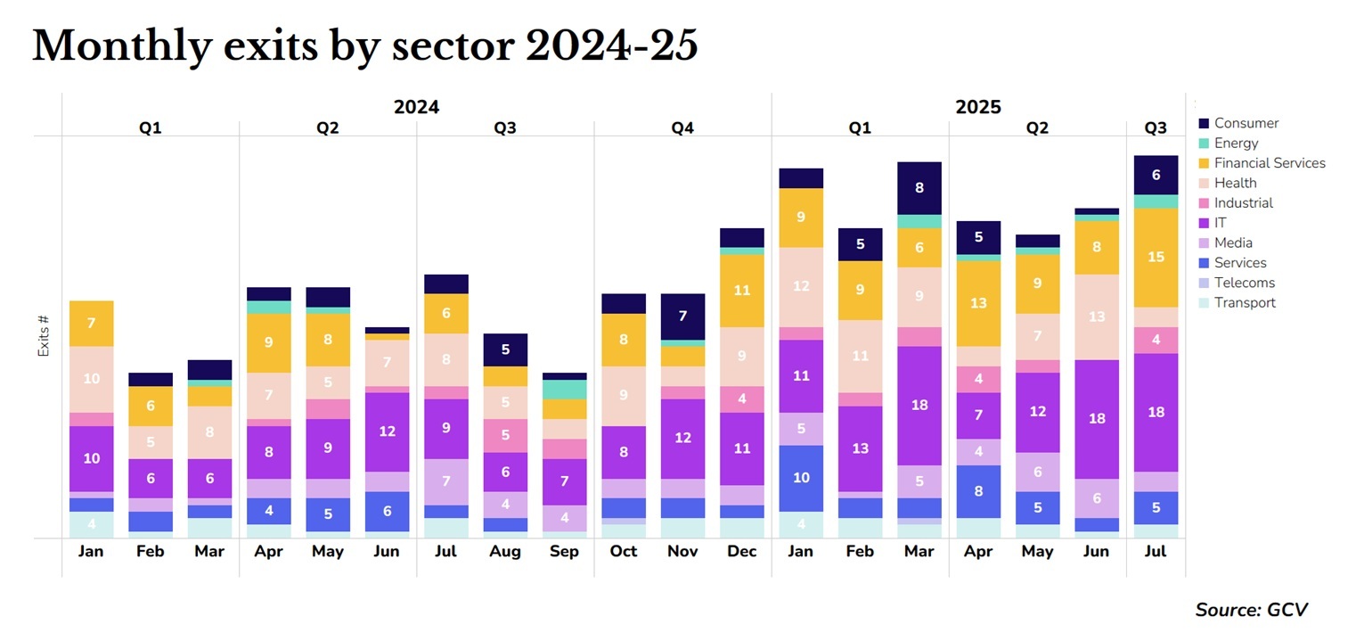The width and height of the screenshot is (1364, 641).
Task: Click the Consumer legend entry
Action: click(x=1246, y=123)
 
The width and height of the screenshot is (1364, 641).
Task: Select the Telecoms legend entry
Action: click(x=1244, y=283)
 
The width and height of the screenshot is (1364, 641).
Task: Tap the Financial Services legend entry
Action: click(x=1269, y=163)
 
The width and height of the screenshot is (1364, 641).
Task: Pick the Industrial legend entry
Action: click(x=1243, y=202)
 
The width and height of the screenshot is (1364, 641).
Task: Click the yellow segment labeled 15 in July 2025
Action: click(x=1156, y=258)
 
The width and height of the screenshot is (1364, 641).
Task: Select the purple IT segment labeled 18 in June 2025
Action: click(x=1096, y=419)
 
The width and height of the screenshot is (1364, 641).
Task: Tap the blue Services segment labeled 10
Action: click(x=801, y=478)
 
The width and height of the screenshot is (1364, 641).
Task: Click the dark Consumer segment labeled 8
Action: click(x=919, y=188)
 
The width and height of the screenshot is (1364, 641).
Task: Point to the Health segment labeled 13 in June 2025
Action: click(x=1096, y=316)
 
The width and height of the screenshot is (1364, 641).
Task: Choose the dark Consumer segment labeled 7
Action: click(x=682, y=316)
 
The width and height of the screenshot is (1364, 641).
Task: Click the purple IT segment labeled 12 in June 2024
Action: click(x=387, y=431)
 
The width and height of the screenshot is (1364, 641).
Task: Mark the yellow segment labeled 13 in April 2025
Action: click(x=978, y=303)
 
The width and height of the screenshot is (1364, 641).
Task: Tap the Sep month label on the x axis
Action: click(x=564, y=551)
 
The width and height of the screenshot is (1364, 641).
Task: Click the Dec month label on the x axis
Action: click(x=741, y=551)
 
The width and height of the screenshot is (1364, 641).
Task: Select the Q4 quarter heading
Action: click(x=682, y=128)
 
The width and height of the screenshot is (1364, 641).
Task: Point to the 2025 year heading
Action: click(x=978, y=108)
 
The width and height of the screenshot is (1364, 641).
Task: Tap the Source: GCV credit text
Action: click(x=1251, y=610)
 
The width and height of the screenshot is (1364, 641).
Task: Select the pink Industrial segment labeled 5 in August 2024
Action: click(x=505, y=436)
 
